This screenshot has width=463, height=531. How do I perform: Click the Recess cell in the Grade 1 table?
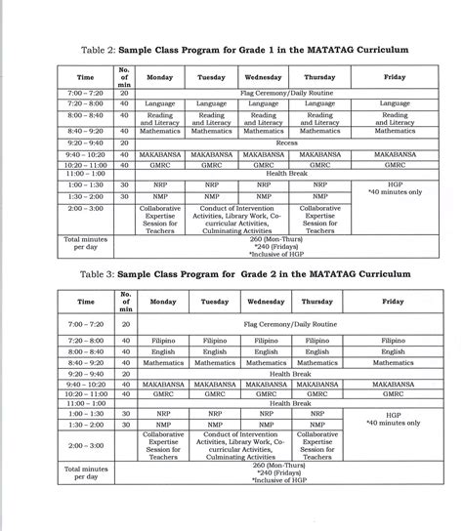point(286,142)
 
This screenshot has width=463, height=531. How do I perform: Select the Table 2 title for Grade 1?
point(232,48)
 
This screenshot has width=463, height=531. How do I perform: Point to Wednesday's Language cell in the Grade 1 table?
point(262,102)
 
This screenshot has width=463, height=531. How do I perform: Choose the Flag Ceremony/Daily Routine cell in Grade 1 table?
point(286,92)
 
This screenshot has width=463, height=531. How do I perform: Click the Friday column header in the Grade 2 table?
point(394,303)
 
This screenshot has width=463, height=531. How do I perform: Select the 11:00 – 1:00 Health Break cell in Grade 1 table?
point(286,174)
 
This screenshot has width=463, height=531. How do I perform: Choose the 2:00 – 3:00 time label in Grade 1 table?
point(85,207)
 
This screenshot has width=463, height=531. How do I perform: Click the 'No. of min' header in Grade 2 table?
point(124,303)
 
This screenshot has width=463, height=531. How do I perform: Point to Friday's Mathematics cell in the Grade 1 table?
point(394,130)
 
